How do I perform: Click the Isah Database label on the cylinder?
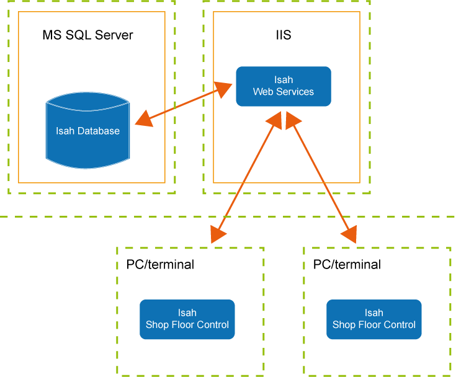[x=87, y=131]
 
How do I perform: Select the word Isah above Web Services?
[x=284, y=79]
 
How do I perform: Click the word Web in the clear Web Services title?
[x=263, y=91]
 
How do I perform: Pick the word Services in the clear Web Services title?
[x=294, y=91]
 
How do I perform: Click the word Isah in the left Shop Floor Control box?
[x=187, y=313]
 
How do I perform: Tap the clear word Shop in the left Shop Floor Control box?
[x=157, y=324]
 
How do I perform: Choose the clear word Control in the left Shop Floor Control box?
[x=212, y=324]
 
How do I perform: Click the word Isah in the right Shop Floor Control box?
[x=374, y=313]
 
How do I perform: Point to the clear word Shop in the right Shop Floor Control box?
[x=344, y=324]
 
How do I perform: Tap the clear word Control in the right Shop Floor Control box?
[x=399, y=324]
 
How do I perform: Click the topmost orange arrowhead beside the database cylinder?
[x=143, y=118]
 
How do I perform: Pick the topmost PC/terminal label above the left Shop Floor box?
[x=159, y=264]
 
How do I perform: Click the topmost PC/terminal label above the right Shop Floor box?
[x=345, y=264]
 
